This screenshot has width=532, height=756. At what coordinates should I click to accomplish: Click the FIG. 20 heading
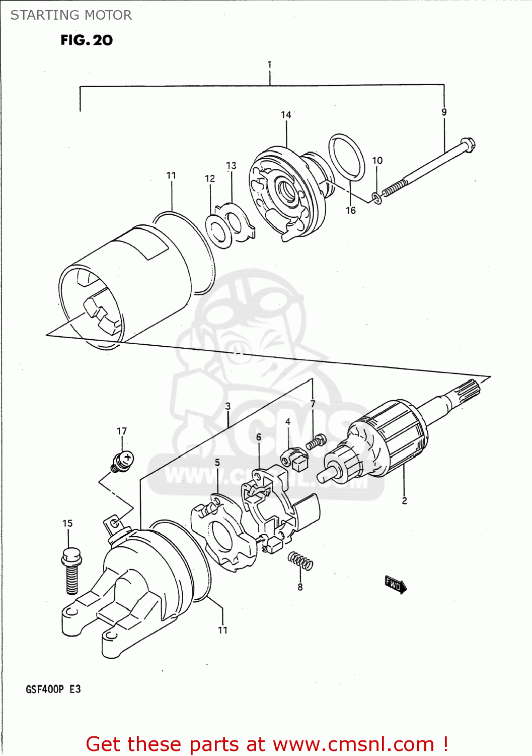(87, 40)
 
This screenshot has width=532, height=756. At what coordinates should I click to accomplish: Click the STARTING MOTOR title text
(71, 15)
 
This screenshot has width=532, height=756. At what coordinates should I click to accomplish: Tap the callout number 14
(286, 115)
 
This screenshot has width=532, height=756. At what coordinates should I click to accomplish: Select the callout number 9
(444, 112)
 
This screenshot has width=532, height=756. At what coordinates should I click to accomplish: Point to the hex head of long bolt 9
(468, 145)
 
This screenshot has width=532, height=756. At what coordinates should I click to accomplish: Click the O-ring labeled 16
(347, 157)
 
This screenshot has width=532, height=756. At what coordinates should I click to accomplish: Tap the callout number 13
(231, 165)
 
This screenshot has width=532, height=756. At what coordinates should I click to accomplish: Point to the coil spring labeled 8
(300, 560)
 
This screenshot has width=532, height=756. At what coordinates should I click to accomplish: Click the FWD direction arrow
(395, 584)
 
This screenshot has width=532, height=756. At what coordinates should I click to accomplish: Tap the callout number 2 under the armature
(404, 500)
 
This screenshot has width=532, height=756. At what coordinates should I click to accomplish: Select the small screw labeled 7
(316, 442)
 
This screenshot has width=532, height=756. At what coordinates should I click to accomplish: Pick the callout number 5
(217, 462)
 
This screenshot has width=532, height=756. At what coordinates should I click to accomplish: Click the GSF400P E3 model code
(53, 689)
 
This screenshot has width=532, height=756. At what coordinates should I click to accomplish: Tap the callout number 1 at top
(269, 65)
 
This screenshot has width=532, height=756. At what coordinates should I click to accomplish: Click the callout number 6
(258, 436)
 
